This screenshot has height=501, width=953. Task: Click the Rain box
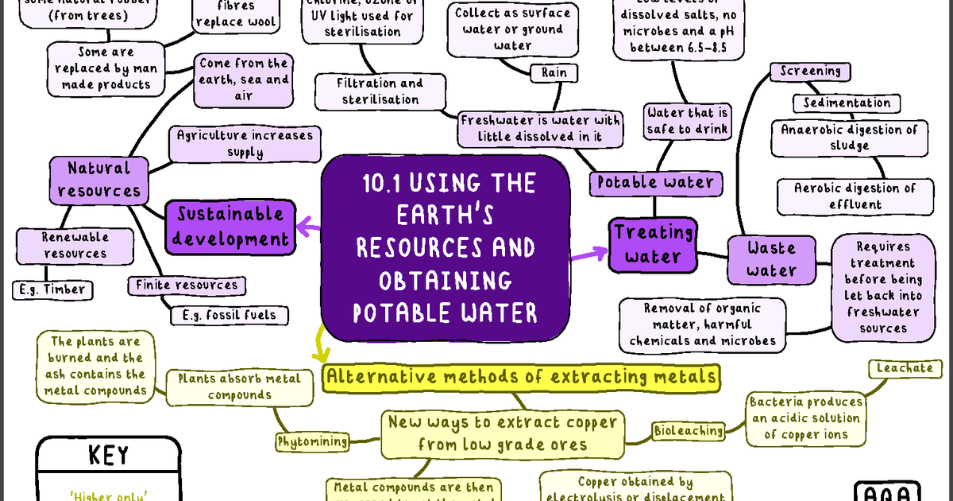click(554, 73)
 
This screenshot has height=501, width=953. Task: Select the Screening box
click(810, 72)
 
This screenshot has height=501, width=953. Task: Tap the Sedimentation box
click(847, 103)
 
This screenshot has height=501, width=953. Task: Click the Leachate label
click(905, 368)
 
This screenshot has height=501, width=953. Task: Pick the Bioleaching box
click(689, 431)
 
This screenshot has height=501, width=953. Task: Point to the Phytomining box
click(312, 441)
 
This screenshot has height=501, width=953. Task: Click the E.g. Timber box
click(52, 289)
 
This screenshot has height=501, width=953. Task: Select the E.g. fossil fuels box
click(229, 315)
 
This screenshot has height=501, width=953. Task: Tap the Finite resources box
click(186, 285)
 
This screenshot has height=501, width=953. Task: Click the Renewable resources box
click(75, 245)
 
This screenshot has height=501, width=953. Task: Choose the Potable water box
click(656, 183)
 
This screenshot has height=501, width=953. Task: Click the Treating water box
click(654, 245)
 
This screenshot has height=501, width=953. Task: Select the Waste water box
click(771, 258)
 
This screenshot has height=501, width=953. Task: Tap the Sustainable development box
click(230, 226)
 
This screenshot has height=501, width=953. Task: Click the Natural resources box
click(99, 180)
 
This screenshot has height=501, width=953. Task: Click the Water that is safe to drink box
click(687, 121)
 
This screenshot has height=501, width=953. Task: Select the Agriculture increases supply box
click(245, 143)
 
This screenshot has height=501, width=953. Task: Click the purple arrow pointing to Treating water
click(588, 254)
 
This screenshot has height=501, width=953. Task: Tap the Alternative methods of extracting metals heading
click(522, 377)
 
